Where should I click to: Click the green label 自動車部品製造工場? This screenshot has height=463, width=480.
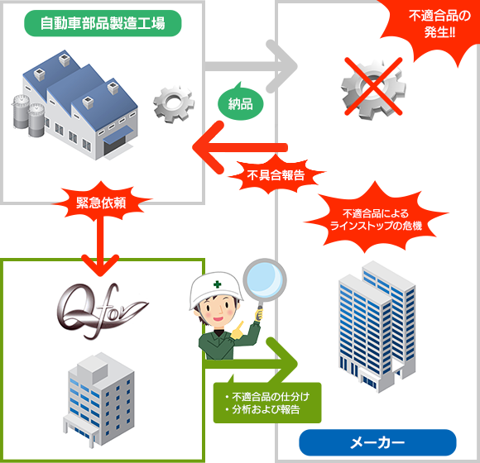[x=103, y=23]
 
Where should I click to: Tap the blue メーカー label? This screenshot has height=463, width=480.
[x=377, y=442]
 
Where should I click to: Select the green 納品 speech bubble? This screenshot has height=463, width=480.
[x=241, y=103]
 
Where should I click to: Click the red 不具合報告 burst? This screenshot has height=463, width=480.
[x=276, y=175]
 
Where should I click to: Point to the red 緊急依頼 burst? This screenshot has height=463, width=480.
[x=101, y=202]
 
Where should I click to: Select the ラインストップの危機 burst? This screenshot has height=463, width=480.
[x=376, y=219]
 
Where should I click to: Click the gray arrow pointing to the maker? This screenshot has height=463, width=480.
[x=251, y=66]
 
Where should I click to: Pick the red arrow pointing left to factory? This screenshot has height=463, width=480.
[x=240, y=147]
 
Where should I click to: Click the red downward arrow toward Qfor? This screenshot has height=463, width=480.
[x=100, y=245]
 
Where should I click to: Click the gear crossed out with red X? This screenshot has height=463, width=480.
[x=373, y=88]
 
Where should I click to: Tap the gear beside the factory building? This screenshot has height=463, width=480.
[x=174, y=104]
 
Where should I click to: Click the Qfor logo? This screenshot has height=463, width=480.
[x=103, y=311]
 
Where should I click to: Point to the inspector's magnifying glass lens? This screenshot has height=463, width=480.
[x=265, y=279]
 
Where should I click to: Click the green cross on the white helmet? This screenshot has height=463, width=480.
[x=218, y=284]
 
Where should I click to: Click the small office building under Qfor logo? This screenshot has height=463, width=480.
[x=98, y=399]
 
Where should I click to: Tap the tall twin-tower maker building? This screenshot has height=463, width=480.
[x=377, y=327]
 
